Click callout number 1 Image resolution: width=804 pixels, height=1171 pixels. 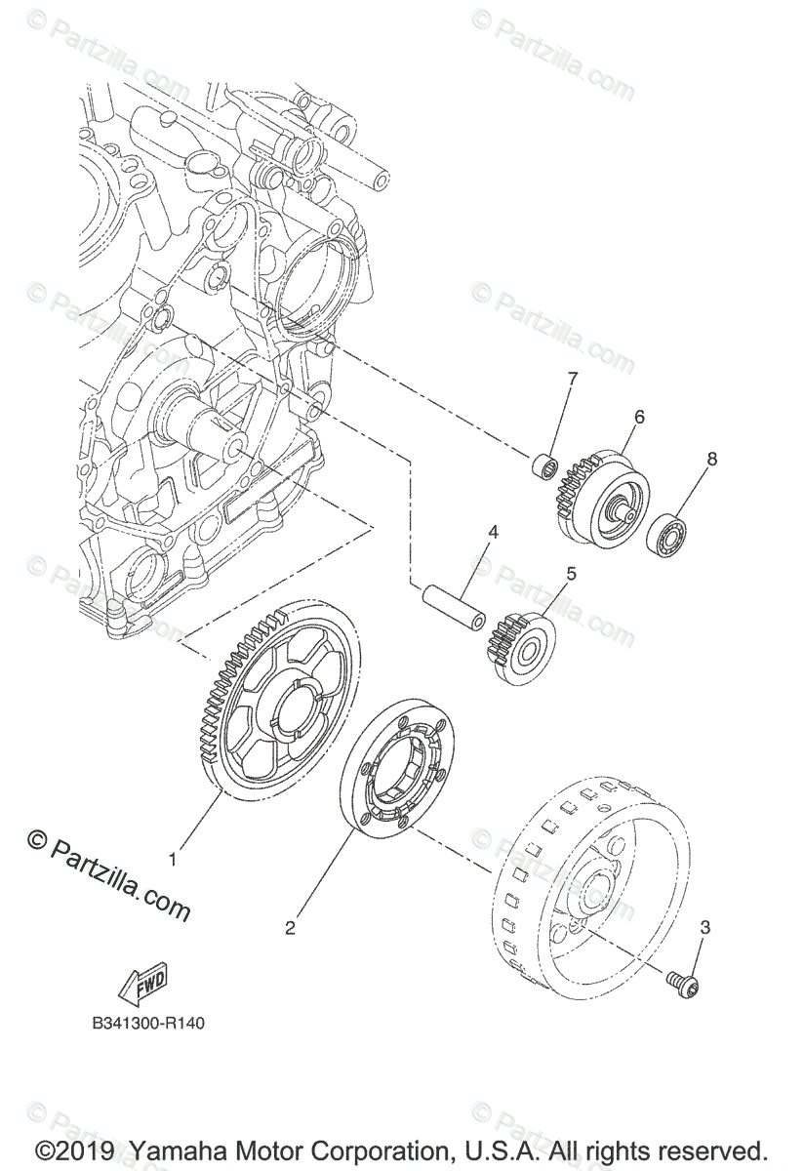[x=174, y=860]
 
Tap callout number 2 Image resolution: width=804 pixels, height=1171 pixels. [x=290, y=928]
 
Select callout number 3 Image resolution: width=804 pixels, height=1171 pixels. [x=704, y=927]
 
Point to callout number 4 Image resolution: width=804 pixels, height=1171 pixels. [x=494, y=533]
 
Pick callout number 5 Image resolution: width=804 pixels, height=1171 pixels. [x=571, y=573]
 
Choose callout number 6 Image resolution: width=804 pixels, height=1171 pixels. [x=639, y=417]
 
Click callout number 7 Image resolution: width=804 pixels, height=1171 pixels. [x=573, y=378]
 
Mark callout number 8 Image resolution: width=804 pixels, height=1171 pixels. [x=711, y=458]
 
